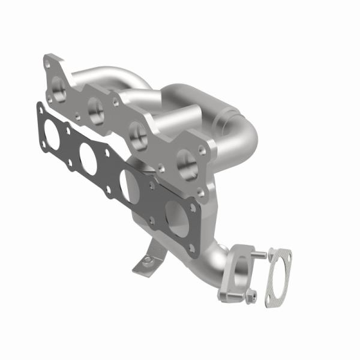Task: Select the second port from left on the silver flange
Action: [x=97, y=108]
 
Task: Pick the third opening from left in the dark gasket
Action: [x=128, y=183]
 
